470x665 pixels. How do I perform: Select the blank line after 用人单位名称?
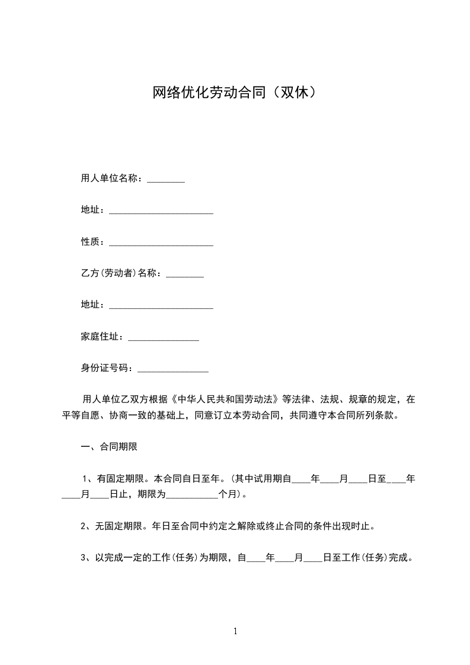coord(166,180)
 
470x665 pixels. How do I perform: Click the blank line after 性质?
coord(161,244)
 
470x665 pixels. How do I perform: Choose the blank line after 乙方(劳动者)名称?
coord(185,276)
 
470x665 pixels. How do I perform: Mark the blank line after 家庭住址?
coord(164,339)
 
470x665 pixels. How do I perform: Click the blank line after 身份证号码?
coord(173,370)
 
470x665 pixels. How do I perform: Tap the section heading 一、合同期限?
coord(109,447)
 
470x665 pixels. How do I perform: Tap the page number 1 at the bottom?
coord(235,631)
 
